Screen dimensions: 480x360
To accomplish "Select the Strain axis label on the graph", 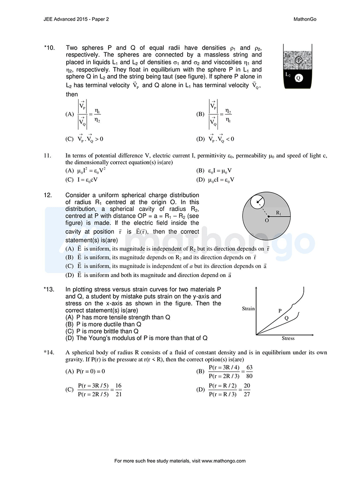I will (248, 309).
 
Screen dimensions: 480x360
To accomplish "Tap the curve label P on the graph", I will (280, 310).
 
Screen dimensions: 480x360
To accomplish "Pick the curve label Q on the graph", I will (287, 318).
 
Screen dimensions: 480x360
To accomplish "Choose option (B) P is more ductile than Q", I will (103, 323).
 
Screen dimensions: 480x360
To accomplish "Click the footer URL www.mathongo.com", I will (224, 461).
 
